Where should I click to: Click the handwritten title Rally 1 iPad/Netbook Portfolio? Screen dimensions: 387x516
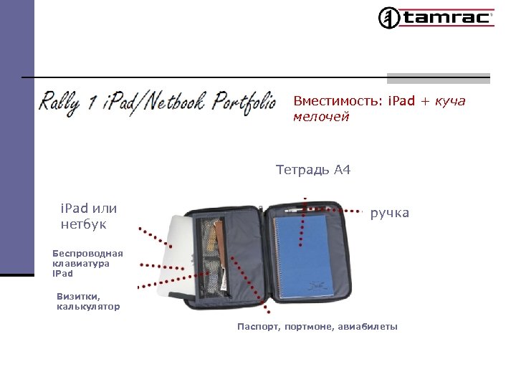point(158,102)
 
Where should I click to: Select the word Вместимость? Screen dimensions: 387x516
point(337,101)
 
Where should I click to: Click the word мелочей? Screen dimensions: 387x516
point(321,117)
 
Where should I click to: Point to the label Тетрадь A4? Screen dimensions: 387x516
point(313,171)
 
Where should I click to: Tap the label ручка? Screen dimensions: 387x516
point(389,213)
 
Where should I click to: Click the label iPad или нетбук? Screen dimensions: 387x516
point(88,216)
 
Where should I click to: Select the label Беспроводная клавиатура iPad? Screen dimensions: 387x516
point(87,263)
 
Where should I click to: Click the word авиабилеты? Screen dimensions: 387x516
point(367,328)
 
